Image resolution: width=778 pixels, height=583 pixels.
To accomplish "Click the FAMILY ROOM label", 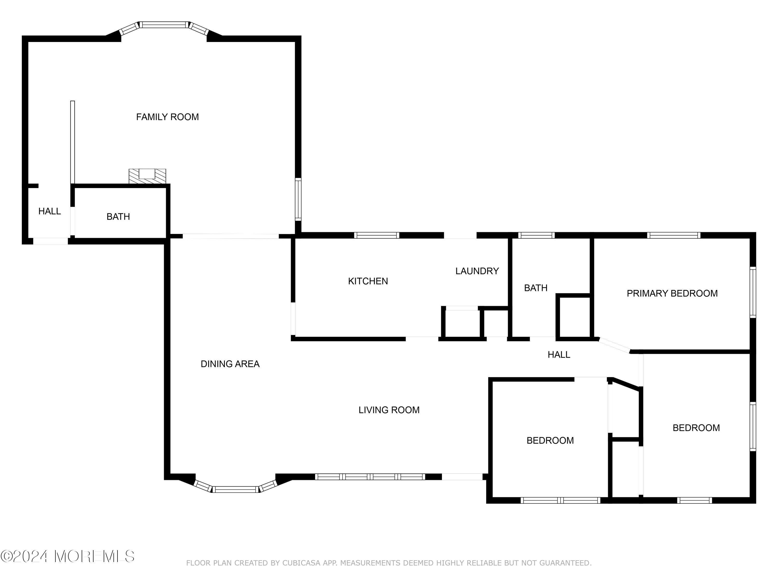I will [168, 117].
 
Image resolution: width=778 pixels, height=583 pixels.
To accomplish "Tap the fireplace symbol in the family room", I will [147, 176].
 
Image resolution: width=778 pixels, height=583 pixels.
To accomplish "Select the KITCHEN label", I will [368, 281].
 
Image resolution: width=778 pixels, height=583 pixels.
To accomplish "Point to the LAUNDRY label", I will [477, 271].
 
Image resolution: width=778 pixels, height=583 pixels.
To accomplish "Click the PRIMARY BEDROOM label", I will [672, 293].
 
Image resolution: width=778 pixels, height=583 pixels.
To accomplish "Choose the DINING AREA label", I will [230, 364].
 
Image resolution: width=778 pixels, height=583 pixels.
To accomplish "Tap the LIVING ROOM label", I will [389, 410].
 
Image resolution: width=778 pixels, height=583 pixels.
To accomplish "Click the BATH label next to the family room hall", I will [118, 217].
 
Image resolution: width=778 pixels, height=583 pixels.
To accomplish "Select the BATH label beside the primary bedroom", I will [536, 288].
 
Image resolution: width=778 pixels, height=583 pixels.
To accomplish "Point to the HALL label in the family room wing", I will [50, 211].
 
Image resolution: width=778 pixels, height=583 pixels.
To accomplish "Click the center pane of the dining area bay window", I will [235, 489].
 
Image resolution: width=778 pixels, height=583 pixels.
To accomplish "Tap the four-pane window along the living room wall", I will [370, 477].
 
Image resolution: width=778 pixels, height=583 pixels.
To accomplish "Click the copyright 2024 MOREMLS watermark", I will [67, 556].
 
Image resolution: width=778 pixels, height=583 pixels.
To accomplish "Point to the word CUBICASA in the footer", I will [301, 563].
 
